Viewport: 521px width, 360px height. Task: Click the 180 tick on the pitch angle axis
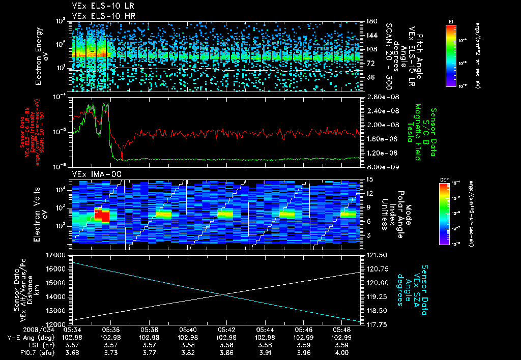tap(371, 21)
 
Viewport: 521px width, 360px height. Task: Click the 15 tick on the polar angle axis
tap(369, 179)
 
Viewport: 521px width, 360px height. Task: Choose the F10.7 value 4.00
tap(341, 352)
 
